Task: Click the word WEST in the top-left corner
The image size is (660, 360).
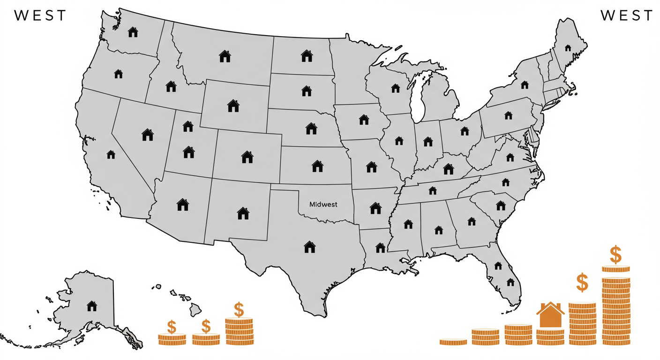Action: (x=41, y=15)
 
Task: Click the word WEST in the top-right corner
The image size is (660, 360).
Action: (x=627, y=15)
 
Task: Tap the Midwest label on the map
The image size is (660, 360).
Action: (x=323, y=204)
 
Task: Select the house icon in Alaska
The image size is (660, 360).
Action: (x=92, y=306)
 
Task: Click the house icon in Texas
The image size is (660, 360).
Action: (x=310, y=247)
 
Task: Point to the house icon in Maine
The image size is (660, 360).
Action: (x=568, y=48)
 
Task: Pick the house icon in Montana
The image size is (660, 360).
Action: (x=225, y=56)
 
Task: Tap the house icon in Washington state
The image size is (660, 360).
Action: (x=133, y=32)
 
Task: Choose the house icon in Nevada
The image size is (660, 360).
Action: (x=148, y=135)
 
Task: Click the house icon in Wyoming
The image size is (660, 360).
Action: (x=233, y=105)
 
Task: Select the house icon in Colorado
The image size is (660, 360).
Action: (x=247, y=157)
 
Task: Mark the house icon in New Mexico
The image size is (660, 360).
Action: (x=243, y=213)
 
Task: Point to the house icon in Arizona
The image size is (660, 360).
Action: (x=182, y=204)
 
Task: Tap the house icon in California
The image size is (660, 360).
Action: (x=111, y=154)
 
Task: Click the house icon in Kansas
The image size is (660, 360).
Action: (x=317, y=165)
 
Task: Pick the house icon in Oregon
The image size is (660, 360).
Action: (x=118, y=74)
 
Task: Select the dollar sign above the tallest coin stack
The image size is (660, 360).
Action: (x=615, y=255)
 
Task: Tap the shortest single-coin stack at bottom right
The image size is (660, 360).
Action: (x=453, y=342)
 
